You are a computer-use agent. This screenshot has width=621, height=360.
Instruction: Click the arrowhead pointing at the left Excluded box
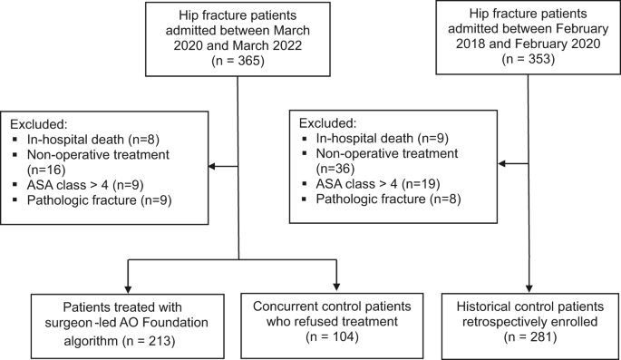click(213, 166)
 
